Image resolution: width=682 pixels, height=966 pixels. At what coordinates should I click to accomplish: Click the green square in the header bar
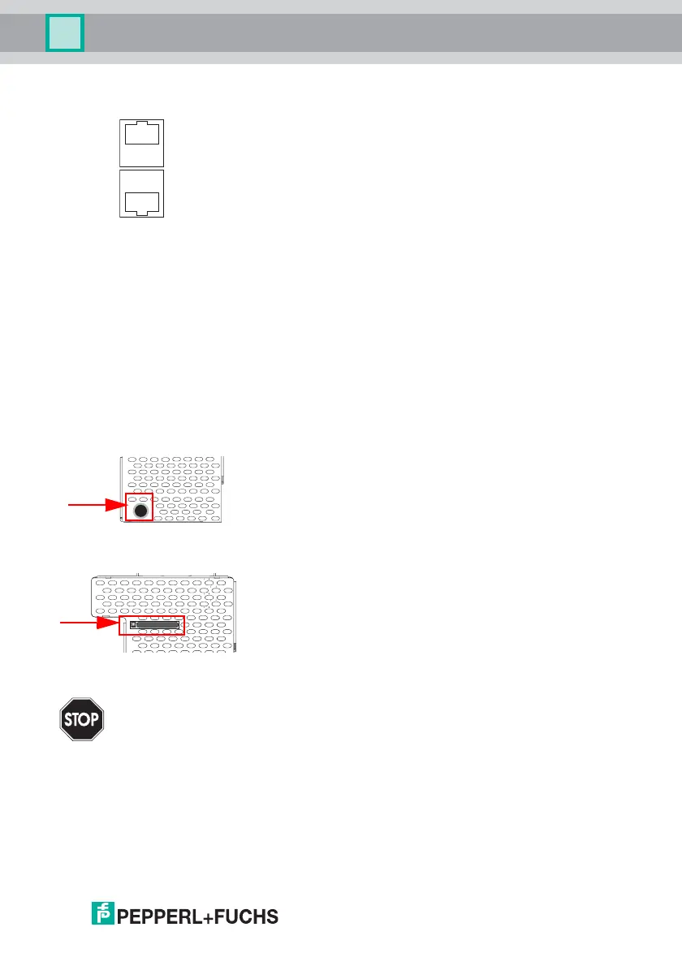pyautogui.click(x=64, y=34)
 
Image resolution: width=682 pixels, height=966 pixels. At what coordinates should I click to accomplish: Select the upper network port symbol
pyautogui.click(x=141, y=141)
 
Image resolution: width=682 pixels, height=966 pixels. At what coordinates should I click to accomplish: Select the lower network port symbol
pyautogui.click(x=141, y=194)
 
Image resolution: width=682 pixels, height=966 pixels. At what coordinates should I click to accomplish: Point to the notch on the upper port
pyautogui.click(x=141, y=124)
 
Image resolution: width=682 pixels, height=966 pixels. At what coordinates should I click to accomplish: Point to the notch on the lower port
pyautogui.click(x=141, y=212)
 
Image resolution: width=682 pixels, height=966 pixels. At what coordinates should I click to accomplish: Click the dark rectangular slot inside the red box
pyautogui.click(x=154, y=626)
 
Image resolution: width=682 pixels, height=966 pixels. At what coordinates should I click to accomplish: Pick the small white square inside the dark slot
pyautogui.click(x=133, y=626)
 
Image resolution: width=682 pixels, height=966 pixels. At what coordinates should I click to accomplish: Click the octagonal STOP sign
pyautogui.click(x=81, y=719)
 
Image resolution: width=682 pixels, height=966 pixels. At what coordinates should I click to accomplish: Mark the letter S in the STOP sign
pyautogui.click(x=67, y=720)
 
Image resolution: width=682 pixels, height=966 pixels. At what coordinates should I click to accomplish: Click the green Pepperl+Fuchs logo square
pyautogui.click(x=102, y=916)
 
